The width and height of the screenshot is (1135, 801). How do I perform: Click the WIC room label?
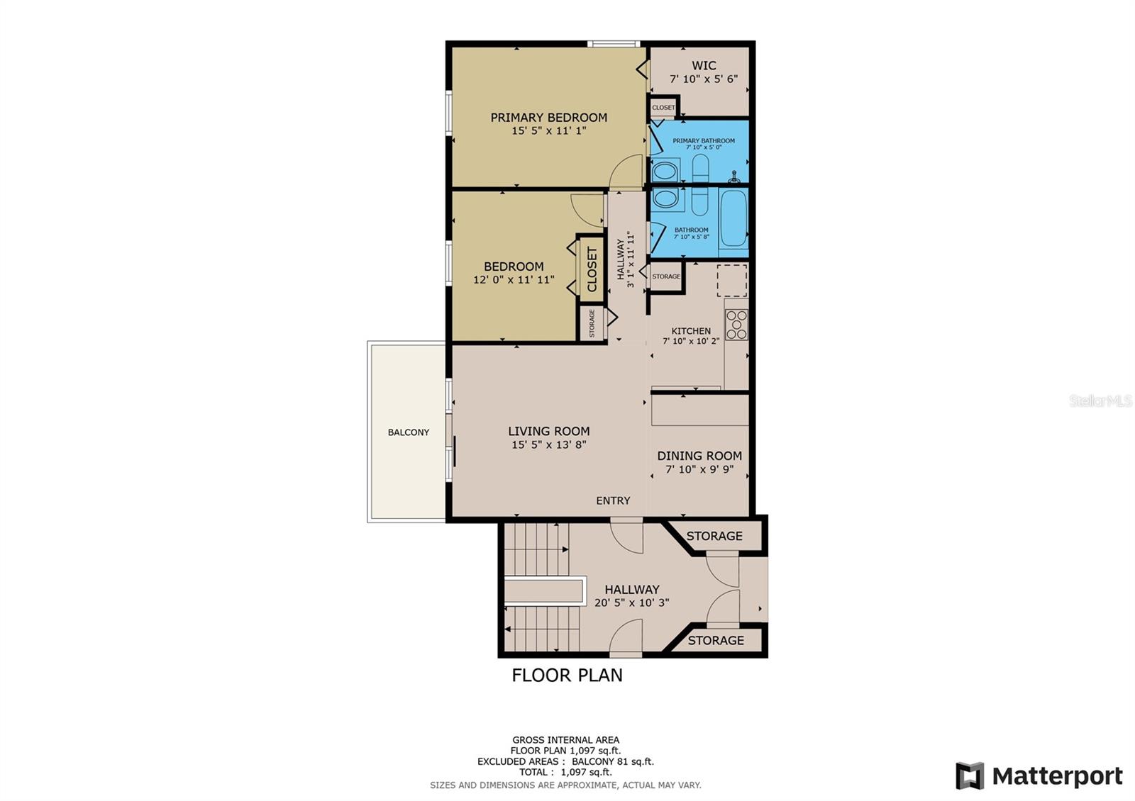(x=704, y=65)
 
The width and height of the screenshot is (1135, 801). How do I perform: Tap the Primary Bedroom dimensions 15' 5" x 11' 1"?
(x=549, y=130)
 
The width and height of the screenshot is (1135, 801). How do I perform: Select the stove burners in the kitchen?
(x=736, y=324)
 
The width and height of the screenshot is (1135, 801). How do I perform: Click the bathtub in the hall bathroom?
(x=733, y=218)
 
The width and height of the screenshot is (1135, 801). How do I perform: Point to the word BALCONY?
(x=409, y=432)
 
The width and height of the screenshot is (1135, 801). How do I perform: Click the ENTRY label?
(x=613, y=500)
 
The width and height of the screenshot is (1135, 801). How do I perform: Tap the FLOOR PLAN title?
(x=567, y=675)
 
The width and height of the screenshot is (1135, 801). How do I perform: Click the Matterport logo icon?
(x=969, y=775)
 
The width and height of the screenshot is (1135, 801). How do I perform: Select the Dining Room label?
(x=699, y=456)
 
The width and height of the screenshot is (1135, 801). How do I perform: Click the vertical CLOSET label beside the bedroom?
(x=592, y=269)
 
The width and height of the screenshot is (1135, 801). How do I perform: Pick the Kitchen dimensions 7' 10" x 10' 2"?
(x=691, y=341)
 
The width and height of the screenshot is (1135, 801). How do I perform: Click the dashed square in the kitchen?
(x=731, y=280)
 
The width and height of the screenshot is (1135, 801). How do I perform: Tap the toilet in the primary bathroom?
(x=700, y=167)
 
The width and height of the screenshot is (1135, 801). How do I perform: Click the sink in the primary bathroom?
(x=665, y=171)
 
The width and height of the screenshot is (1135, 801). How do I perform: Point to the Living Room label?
(x=549, y=431)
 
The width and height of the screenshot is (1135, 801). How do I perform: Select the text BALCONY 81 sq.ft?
(x=613, y=761)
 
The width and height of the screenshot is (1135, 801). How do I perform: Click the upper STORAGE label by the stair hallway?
(x=714, y=536)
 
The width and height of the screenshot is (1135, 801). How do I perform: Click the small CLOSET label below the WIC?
(x=663, y=107)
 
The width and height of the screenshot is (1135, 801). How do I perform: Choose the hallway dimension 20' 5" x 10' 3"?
(x=631, y=603)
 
